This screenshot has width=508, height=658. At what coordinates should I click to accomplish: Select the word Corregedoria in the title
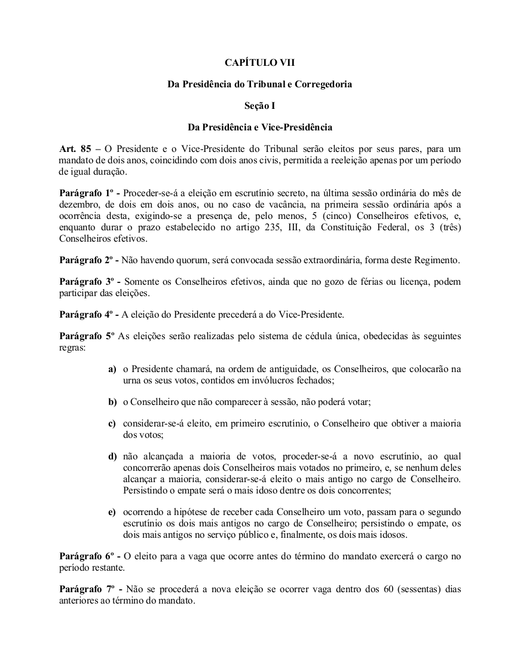click(x=323, y=84)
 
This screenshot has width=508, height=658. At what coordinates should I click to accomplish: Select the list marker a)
click(x=112, y=370)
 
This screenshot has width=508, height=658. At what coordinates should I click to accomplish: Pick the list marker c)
click(x=112, y=424)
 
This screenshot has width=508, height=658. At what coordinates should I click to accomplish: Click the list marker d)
click(x=112, y=456)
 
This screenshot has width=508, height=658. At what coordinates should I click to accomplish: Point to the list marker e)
click(x=112, y=513)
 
